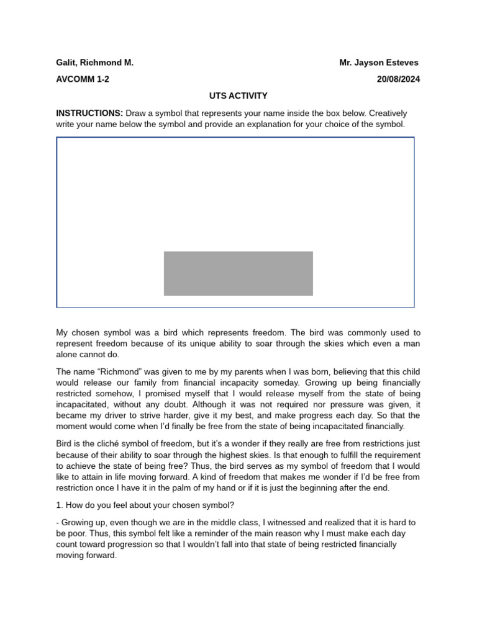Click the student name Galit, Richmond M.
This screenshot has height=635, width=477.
(x=94, y=63)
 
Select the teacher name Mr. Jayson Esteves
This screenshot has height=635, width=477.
(x=379, y=63)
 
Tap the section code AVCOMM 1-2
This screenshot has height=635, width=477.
(x=83, y=79)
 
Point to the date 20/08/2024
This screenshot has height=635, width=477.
(x=398, y=79)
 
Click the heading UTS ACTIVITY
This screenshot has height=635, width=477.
(x=238, y=95)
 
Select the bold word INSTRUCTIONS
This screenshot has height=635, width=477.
(x=89, y=113)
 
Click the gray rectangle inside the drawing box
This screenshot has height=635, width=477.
(x=238, y=273)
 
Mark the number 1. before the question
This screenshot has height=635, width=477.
(x=60, y=505)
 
